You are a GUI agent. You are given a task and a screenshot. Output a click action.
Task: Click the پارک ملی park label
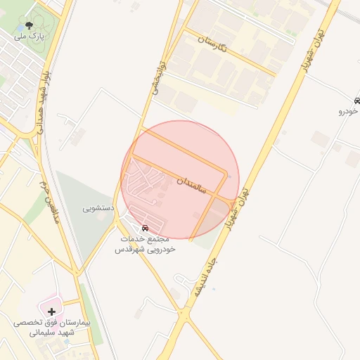pyautogui.click(x=30, y=34)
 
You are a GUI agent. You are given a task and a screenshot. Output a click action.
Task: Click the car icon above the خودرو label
pyautogui.click(x=358, y=101)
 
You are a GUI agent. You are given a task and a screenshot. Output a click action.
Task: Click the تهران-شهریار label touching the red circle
pyautogui.click(x=235, y=200)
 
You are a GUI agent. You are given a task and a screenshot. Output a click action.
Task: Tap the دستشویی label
pyautogui.click(x=97, y=208)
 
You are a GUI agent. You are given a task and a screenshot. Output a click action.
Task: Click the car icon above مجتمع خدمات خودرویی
pyautogui.click(x=145, y=228)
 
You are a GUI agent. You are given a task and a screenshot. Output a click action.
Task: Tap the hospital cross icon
pyautogui.click(x=51, y=310)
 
